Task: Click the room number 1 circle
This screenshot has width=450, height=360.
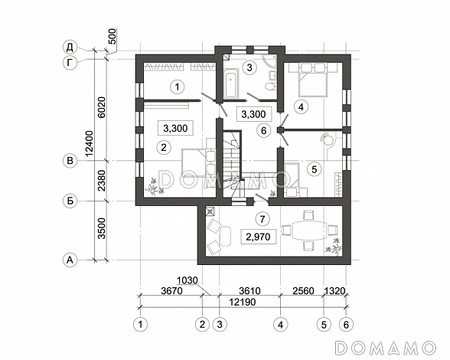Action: pos(177,87)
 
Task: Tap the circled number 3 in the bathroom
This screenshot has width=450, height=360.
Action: pos(249,68)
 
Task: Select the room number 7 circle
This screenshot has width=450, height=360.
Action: pos(262,220)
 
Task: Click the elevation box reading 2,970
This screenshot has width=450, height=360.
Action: pos(259,237)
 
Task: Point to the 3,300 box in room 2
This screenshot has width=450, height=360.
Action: pos(175,128)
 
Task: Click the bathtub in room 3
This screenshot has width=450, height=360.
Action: pos(231,83)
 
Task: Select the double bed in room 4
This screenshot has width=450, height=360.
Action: pos(312,80)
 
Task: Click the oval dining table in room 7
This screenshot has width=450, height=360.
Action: pos(309,231)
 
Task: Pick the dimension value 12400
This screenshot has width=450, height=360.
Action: pos(90,144)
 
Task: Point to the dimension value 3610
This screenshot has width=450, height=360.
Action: pos(250,291)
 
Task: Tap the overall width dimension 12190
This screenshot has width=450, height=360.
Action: pos(242,302)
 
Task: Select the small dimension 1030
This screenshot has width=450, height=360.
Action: pos(187,280)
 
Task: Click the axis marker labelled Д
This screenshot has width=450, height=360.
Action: pos(70,47)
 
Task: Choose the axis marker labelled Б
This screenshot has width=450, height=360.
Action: pos(70,201)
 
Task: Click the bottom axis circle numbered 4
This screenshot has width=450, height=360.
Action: pos(280,325)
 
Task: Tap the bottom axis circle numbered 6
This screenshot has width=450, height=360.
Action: pos(346,325)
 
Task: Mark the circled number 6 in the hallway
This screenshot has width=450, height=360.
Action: pos(263,131)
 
